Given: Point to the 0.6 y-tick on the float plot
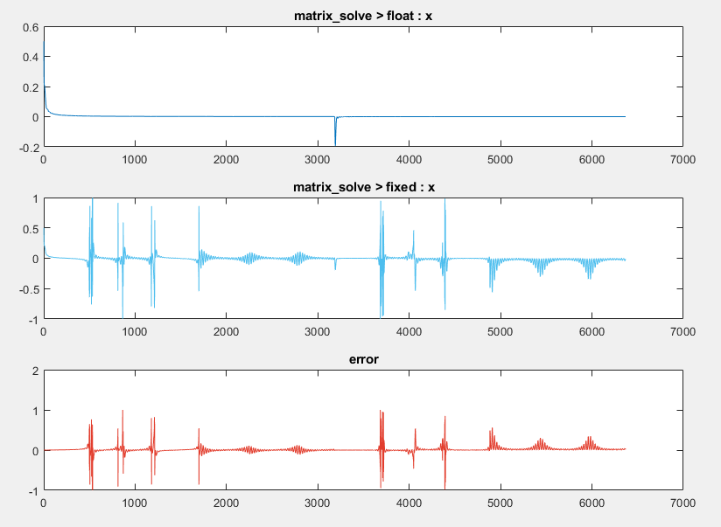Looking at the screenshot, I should [30, 27].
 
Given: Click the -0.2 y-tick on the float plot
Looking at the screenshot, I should [28, 146].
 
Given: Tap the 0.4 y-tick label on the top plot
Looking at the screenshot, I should [30, 57].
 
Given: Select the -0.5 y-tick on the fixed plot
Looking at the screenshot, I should [28, 288].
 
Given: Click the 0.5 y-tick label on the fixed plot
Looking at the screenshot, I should [30, 229].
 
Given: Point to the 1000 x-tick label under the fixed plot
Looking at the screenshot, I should [135, 332].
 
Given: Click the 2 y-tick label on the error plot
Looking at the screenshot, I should [35, 371].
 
